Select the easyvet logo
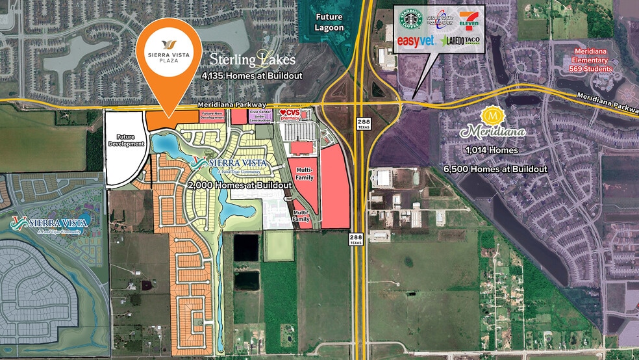coord(415,41)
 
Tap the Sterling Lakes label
coord(252,59)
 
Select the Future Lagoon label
coord(330,23)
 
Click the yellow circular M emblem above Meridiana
coord(492,116)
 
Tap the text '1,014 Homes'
coord(491,150)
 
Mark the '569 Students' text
coord(589,69)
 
